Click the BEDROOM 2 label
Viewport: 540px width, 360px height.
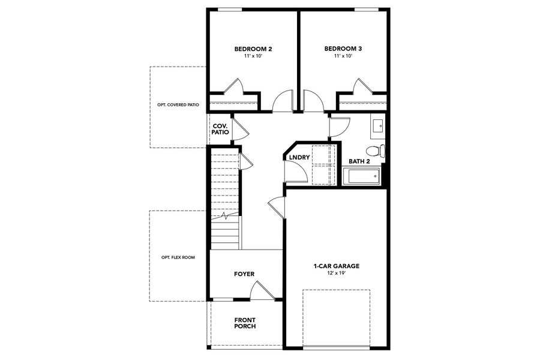coord(253,49)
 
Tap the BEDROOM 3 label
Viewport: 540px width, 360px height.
coord(343,49)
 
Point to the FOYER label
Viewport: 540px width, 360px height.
coord(244,274)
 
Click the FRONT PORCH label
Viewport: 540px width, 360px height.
coord(245,323)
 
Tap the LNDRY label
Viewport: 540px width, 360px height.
coord(298,158)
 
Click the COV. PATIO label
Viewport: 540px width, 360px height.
coord(220,129)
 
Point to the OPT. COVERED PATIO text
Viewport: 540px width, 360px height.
coord(174,104)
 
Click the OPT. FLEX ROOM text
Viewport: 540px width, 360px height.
coord(178,257)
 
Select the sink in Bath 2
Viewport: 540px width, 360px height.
coord(378,125)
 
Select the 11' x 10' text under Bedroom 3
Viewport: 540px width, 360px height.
coord(343,56)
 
